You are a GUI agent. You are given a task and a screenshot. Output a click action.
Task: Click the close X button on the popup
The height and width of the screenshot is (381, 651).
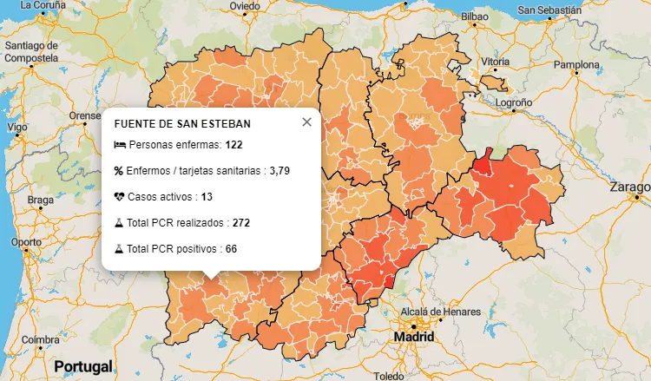pos(306,122)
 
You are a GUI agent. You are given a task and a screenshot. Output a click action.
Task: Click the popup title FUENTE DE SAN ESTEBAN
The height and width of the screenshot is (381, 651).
pos(182,124)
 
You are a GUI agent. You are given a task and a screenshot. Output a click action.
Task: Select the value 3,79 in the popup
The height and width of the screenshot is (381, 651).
pos(279,171)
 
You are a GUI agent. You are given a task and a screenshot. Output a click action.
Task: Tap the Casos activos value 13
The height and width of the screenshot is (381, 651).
pos(207,197)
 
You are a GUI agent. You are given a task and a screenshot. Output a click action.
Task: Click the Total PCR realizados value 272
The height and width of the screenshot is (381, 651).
pos(240,223)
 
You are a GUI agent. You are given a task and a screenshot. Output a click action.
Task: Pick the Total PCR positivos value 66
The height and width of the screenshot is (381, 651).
pos(231,249)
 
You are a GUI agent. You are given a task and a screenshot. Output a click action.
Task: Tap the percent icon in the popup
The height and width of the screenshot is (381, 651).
pos(119,171)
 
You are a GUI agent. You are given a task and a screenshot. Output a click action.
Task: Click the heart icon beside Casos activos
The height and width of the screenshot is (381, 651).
pos(119,197)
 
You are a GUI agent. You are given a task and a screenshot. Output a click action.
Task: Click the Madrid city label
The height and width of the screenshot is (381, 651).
pos(413,336)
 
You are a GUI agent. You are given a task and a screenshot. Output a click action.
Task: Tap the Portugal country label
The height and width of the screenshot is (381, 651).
pos(83,366)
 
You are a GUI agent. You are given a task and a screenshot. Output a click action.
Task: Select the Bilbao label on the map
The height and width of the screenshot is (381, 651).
pos(475,16)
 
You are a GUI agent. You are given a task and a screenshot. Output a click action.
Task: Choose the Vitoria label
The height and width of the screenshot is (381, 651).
pos(496,62)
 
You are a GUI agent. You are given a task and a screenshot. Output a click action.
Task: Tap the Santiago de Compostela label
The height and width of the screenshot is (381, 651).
pos(30,51)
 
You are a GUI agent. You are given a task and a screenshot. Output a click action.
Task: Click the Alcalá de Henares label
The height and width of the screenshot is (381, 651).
pos(439,312)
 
